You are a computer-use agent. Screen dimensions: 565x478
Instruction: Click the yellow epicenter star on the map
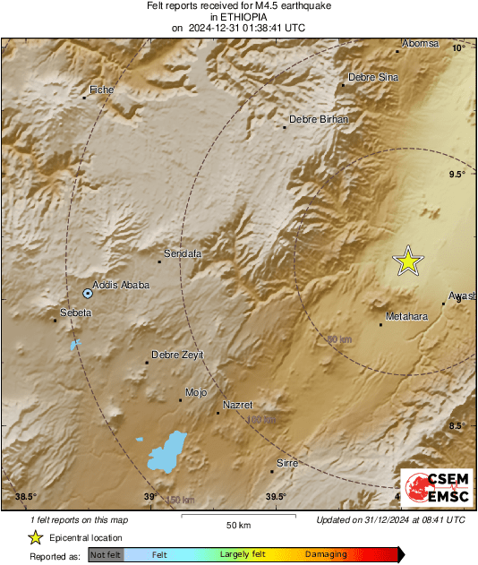pyautogui.click(x=408, y=261)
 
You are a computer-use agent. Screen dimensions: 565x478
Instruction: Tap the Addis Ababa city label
pyautogui.click(x=121, y=286)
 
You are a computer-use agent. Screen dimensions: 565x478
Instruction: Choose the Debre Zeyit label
pyautogui.click(x=177, y=355)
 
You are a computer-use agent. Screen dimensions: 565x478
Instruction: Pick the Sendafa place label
pyautogui.click(x=183, y=254)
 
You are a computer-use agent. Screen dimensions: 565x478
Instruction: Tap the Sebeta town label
pyautogui.click(x=75, y=312)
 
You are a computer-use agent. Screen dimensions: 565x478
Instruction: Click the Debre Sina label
pyautogui.click(x=372, y=77)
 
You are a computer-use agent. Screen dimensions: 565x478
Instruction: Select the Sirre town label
pyautogui.click(x=287, y=463)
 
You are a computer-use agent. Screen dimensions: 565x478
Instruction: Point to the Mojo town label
pyautogui.click(x=195, y=392)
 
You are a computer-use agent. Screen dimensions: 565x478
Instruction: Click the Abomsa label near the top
pyautogui.click(x=420, y=43)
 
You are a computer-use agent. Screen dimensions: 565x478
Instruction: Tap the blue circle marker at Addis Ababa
pyautogui.click(x=87, y=293)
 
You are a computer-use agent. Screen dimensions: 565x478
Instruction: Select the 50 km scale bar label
pyautogui.click(x=237, y=524)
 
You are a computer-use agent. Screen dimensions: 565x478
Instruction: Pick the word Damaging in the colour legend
pyautogui.click(x=325, y=554)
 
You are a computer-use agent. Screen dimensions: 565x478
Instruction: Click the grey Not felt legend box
pyautogui.click(x=105, y=554)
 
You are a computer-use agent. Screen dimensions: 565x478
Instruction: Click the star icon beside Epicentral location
pyautogui.click(x=35, y=537)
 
